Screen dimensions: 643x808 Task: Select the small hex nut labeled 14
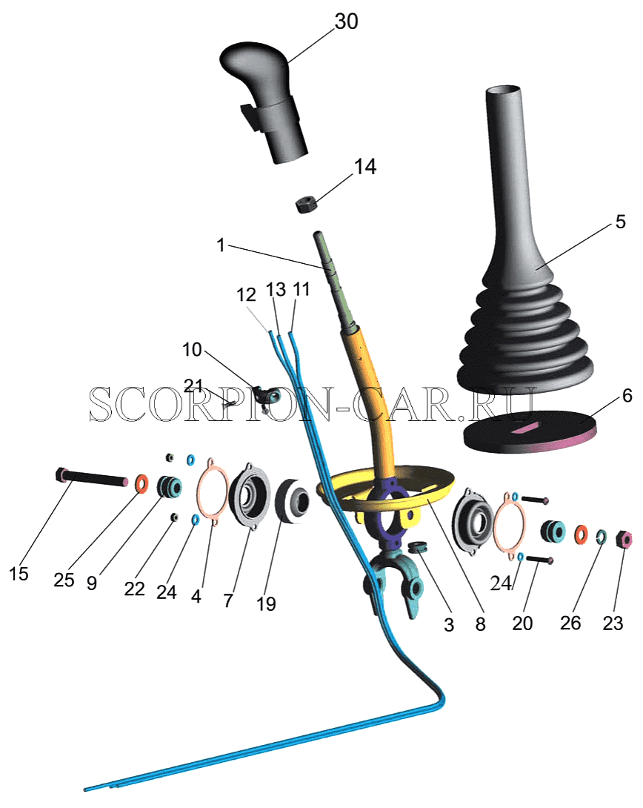(x=308, y=204)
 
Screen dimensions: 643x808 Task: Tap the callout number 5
(x=620, y=222)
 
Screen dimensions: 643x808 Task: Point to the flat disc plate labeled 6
(x=530, y=432)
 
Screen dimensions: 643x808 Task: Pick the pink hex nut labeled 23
(x=624, y=539)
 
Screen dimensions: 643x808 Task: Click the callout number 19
(x=266, y=603)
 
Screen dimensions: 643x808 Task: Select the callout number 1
(x=221, y=245)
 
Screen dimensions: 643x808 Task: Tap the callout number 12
(x=246, y=295)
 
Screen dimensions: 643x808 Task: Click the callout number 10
(x=192, y=350)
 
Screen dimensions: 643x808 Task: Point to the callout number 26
(x=570, y=623)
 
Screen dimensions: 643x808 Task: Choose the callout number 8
(x=480, y=624)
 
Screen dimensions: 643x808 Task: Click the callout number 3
(x=449, y=625)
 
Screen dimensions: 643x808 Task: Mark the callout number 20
(x=522, y=623)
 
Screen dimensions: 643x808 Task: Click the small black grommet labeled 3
(x=419, y=546)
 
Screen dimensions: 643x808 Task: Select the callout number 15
(x=19, y=574)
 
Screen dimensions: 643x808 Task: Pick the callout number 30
(x=346, y=21)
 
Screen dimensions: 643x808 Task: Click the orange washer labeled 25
(x=141, y=483)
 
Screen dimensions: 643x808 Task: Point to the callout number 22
(x=134, y=588)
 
